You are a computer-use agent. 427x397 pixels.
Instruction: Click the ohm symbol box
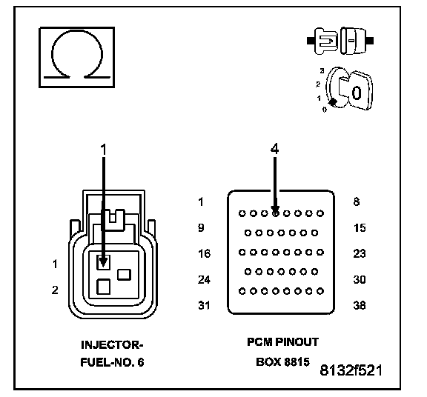pyautogui.click(x=77, y=58)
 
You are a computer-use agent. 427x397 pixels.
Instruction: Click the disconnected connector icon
pyautogui.click(x=340, y=41)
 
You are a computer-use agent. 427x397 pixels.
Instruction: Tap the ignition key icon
pyautogui.click(x=346, y=90)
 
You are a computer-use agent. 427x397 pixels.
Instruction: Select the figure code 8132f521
pyautogui.click(x=351, y=370)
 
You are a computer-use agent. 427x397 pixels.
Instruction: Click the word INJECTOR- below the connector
pyautogui.click(x=112, y=345)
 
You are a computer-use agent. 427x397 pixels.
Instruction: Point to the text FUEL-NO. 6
pyautogui.click(x=112, y=362)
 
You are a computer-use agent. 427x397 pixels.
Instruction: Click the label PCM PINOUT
pyautogui.click(x=282, y=342)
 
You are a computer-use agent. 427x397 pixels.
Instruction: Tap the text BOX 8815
pyautogui.click(x=282, y=362)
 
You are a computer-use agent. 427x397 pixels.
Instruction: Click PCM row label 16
pyautogui.click(x=205, y=253)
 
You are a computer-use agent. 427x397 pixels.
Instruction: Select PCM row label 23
pyautogui.click(x=360, y=253)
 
